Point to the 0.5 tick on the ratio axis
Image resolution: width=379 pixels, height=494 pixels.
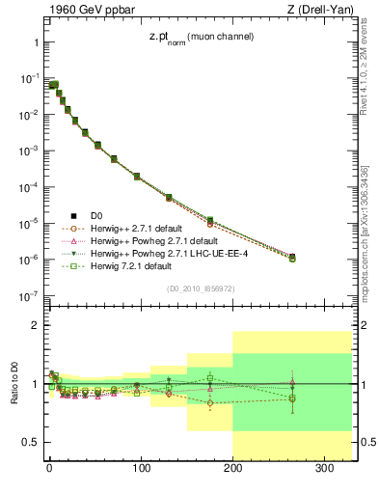point(30,442)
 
